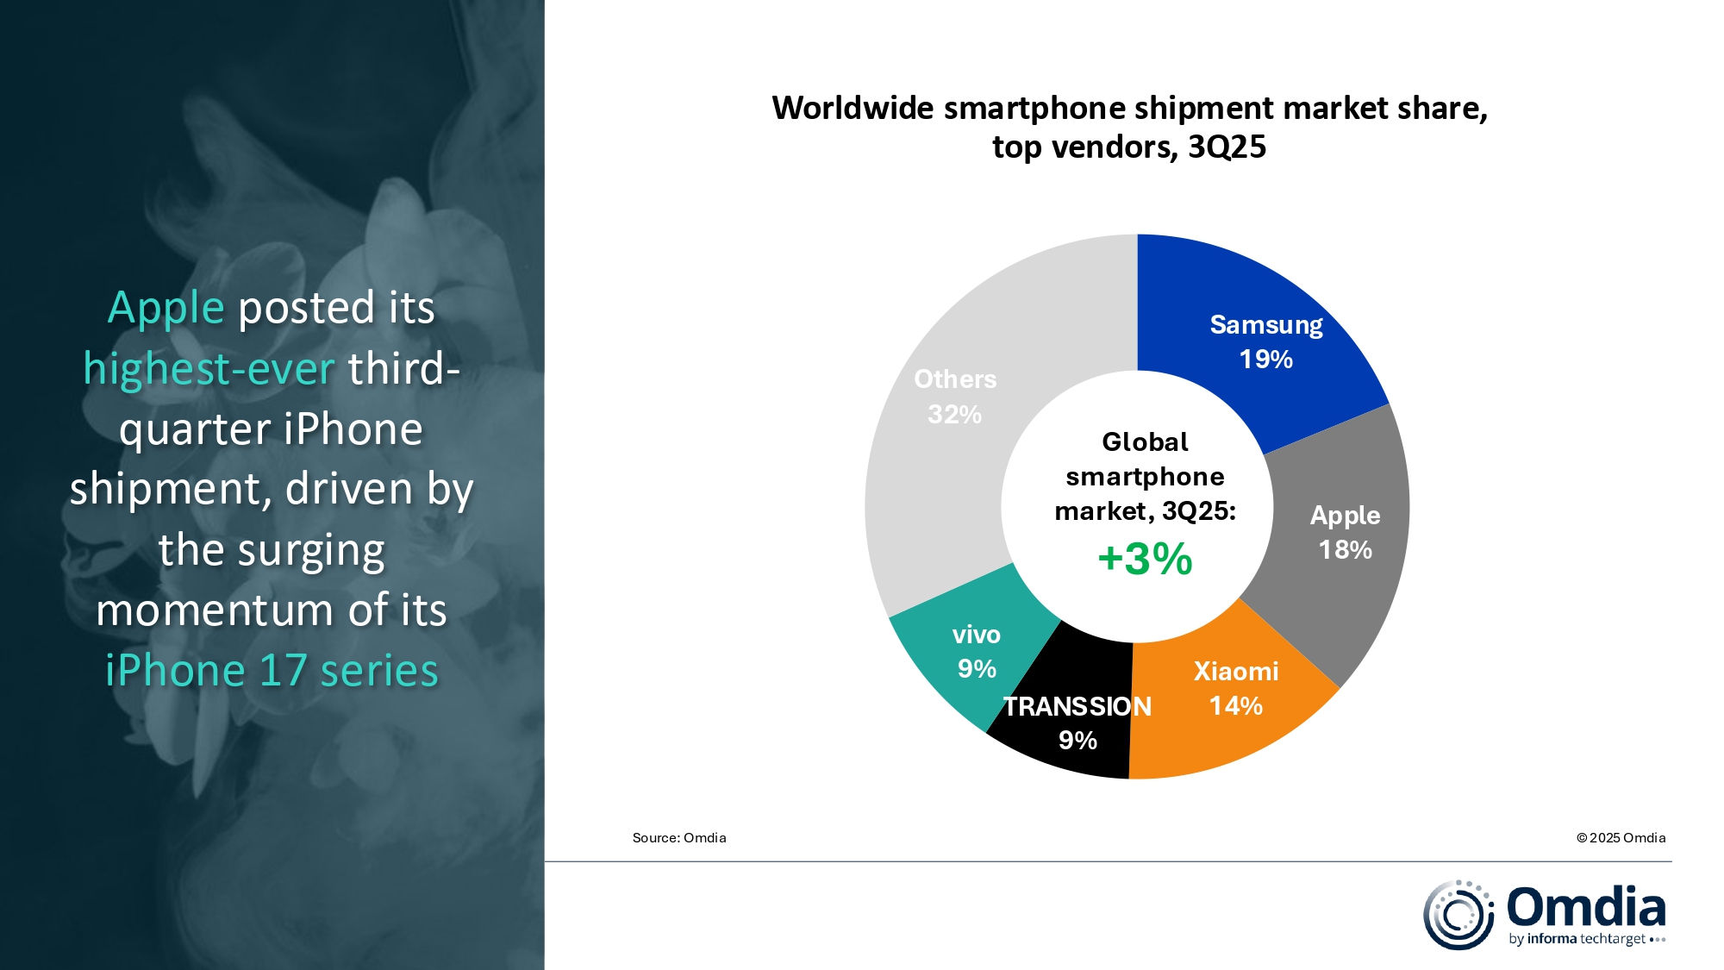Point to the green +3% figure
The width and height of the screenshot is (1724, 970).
(1145, 559)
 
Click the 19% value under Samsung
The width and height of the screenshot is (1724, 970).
(1265, 359)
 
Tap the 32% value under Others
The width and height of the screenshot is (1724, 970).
(954, 415)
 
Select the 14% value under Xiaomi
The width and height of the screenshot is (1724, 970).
(1235, 706)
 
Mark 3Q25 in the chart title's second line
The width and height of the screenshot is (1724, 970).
(1227, 147)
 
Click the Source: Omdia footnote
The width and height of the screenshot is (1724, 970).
(679, 838)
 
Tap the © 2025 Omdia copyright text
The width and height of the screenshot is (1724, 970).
(1621, 838)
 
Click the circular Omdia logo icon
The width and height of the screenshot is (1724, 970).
(1458, 915)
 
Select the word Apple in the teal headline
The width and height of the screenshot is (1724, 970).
(166, 308)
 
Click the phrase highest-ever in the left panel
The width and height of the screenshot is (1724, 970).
(209, 369)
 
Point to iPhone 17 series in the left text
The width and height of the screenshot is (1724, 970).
(272, 671)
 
